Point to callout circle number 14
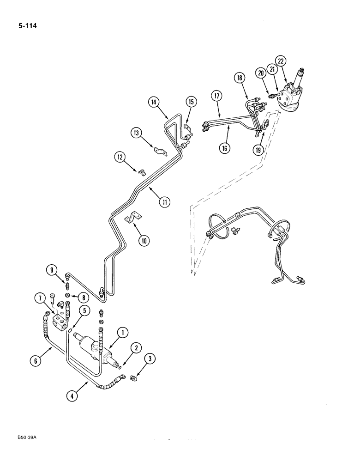[154, 102]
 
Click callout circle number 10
[144, 240]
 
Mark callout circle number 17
[217, 97]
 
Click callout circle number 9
[51, 270]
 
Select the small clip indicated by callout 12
[141, 173]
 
